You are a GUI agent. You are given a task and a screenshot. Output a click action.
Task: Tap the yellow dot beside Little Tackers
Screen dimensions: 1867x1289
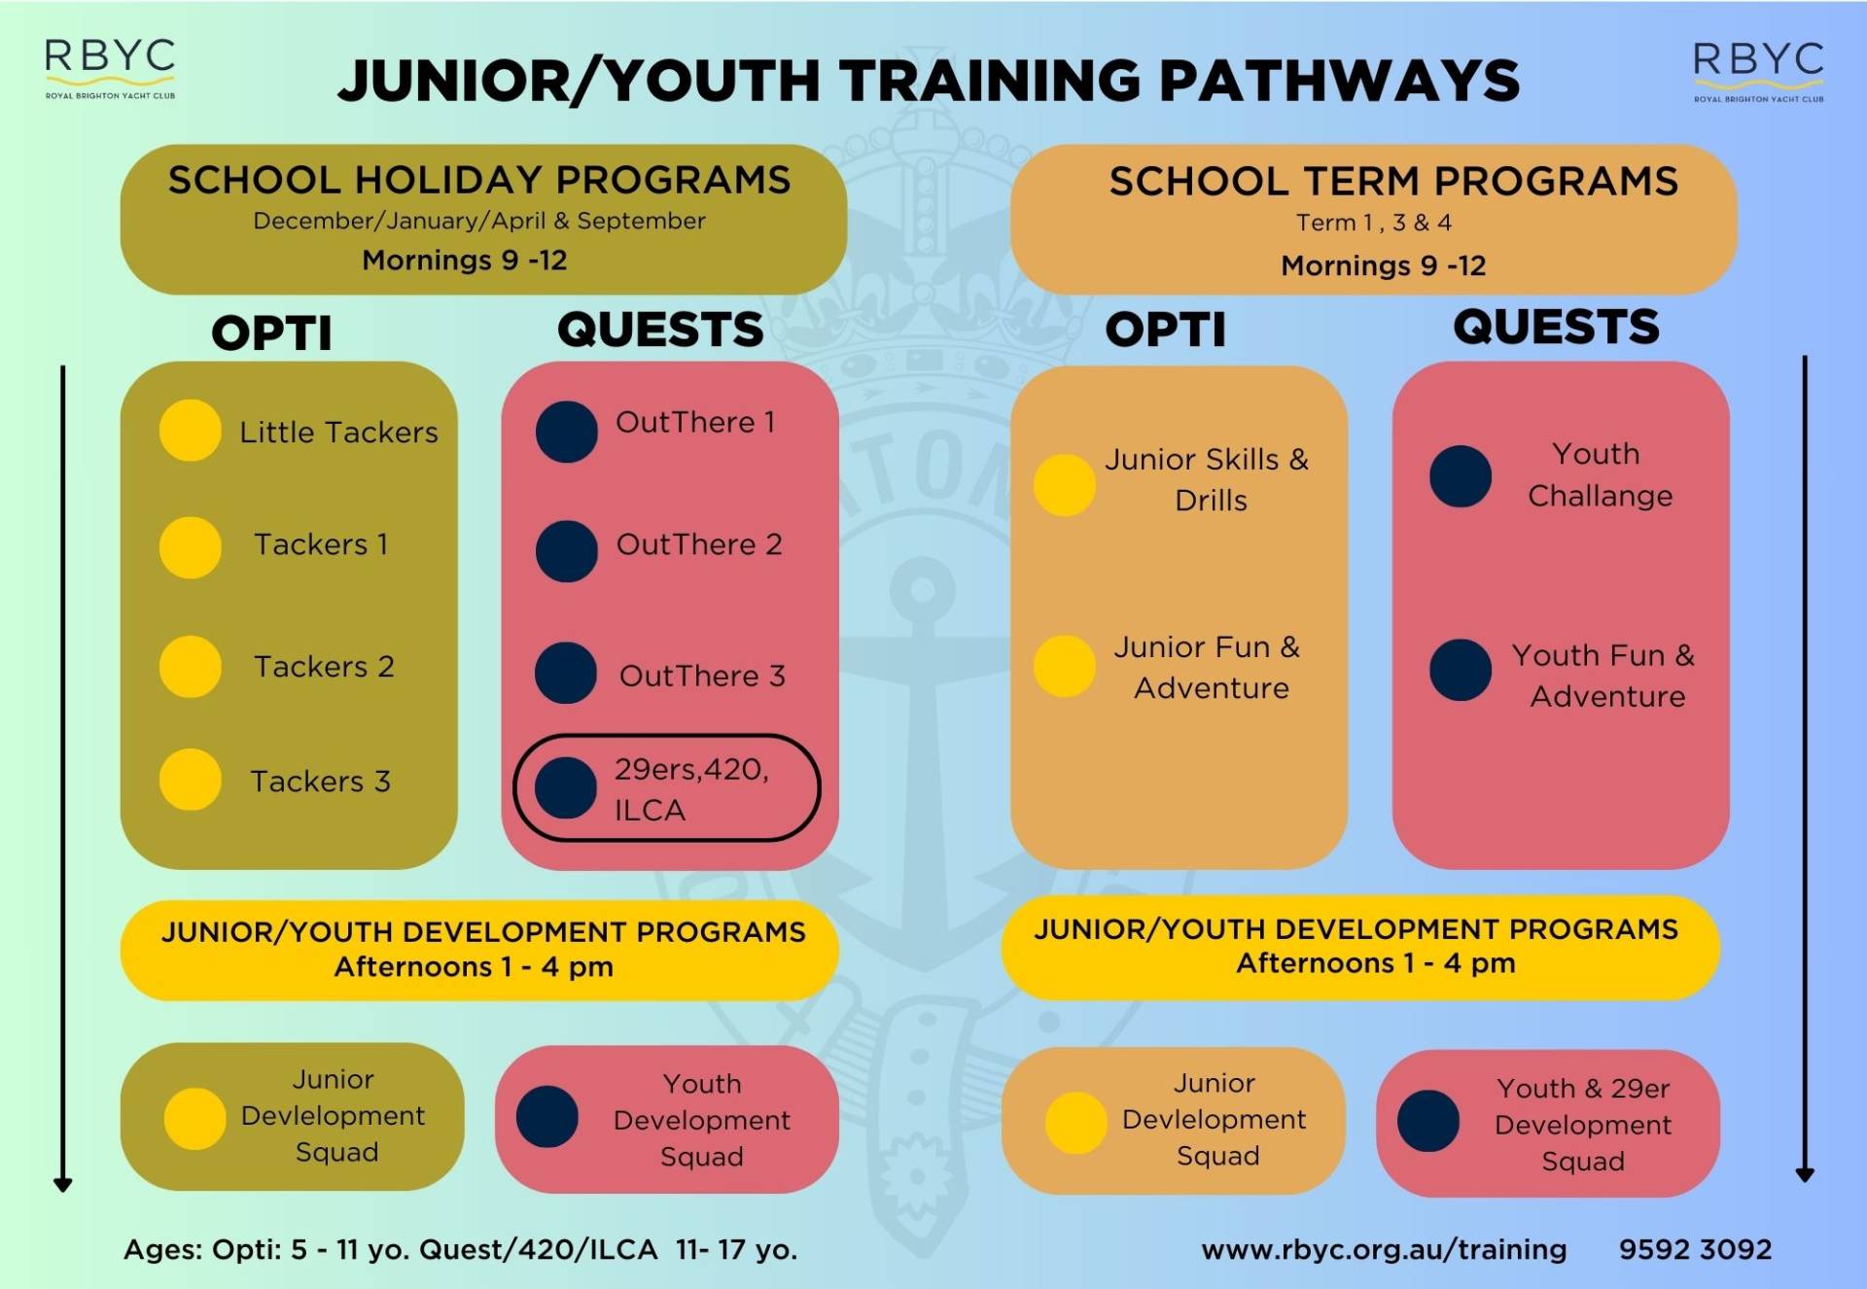pos(191,430)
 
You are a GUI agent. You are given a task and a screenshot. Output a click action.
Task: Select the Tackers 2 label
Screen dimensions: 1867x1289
pos(324,666)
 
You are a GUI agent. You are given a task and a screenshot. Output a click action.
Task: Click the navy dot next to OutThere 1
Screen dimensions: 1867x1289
pos(567,432)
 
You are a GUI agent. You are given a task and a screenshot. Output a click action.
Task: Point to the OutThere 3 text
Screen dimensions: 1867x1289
pos(702,676)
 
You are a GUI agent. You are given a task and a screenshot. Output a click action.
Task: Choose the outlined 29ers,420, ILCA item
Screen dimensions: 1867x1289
pos(667,787)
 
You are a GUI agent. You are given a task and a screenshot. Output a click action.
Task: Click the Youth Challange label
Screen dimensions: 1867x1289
pos(1600,474)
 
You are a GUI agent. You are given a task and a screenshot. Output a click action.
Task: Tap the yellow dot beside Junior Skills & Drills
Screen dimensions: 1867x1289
pos(1065,484)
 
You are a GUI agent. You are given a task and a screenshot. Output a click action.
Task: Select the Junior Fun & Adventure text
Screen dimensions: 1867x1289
pos(1208,667)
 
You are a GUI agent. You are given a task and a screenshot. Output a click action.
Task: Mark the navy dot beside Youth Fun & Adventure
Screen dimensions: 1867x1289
pos(1461,670)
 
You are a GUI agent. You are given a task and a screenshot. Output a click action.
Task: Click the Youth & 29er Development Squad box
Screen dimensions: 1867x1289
pos(1548,1123)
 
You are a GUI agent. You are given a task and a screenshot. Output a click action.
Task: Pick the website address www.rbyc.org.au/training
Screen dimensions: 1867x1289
pos(1384,1249)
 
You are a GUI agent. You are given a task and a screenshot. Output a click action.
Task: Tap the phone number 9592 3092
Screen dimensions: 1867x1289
pos(1695,1249)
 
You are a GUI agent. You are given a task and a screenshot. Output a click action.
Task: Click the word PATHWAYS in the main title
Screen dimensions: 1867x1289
pos(1340,80)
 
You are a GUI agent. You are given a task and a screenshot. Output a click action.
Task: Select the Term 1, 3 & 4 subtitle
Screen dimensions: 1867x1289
pos(1374,223)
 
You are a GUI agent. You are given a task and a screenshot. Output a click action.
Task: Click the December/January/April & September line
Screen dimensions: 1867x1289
pos(479,221)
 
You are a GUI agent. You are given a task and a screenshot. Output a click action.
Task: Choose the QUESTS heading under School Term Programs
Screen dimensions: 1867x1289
pos(1556,327)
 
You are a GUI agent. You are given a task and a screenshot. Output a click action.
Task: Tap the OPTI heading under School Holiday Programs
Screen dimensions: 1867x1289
pos(272,333)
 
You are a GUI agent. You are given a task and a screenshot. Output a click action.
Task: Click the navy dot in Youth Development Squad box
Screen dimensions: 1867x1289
pos(547,1117)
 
